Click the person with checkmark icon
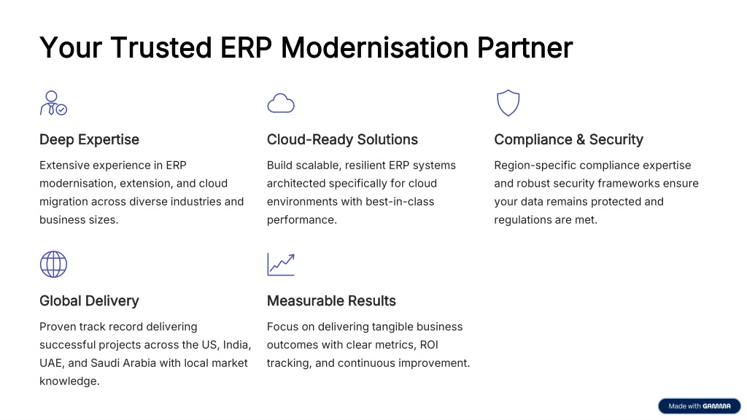[52, 104]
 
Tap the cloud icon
[281, 103]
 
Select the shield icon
[508, 103]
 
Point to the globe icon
[53, 264]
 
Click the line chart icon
[281, 264]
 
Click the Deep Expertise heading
[89, 139]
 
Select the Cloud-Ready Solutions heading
[342, 139]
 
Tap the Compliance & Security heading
[568, 139]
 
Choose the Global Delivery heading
[89, 301]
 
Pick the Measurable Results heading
[331, 301]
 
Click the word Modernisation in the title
[374, 47]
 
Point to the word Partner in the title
[525, 47]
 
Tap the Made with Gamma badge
[700, 406]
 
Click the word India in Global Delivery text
[237, 345]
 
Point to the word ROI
[429, 345]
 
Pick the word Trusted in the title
[161, 47]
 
